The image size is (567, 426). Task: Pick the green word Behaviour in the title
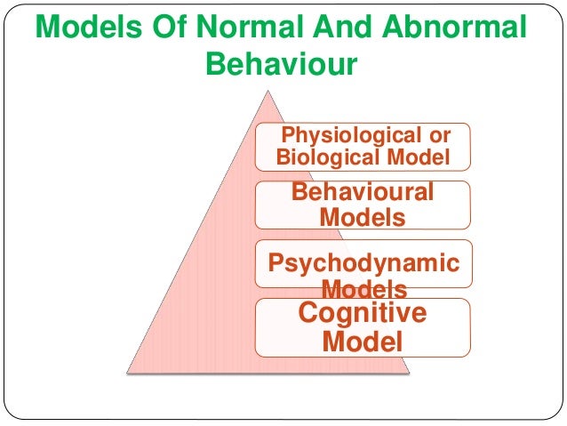tap(282, 66)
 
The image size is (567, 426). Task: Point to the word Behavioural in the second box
tap(363, 192)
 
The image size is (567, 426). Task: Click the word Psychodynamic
tap(364, 263)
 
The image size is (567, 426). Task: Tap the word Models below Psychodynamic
tap(364, 288)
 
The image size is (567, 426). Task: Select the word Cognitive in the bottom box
tap(363, 313)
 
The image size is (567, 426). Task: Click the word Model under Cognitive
tap(363, 341)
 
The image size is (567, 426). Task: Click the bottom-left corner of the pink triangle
tap(125, 371)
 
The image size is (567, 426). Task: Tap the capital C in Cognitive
tap(309, 313)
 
